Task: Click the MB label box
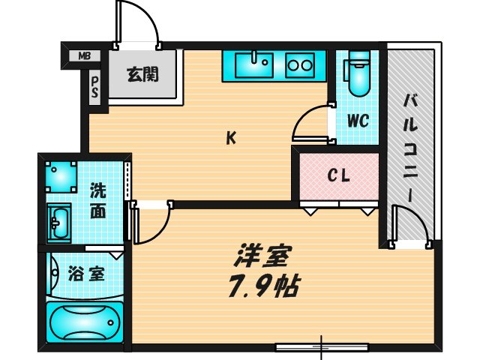tap(84, 55)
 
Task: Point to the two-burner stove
tap(300, 65)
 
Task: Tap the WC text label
tap(358, 121)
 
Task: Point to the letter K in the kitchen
tap(232, 138)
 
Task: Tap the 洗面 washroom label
tap(98, 200)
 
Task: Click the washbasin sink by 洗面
tap(59, 222)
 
